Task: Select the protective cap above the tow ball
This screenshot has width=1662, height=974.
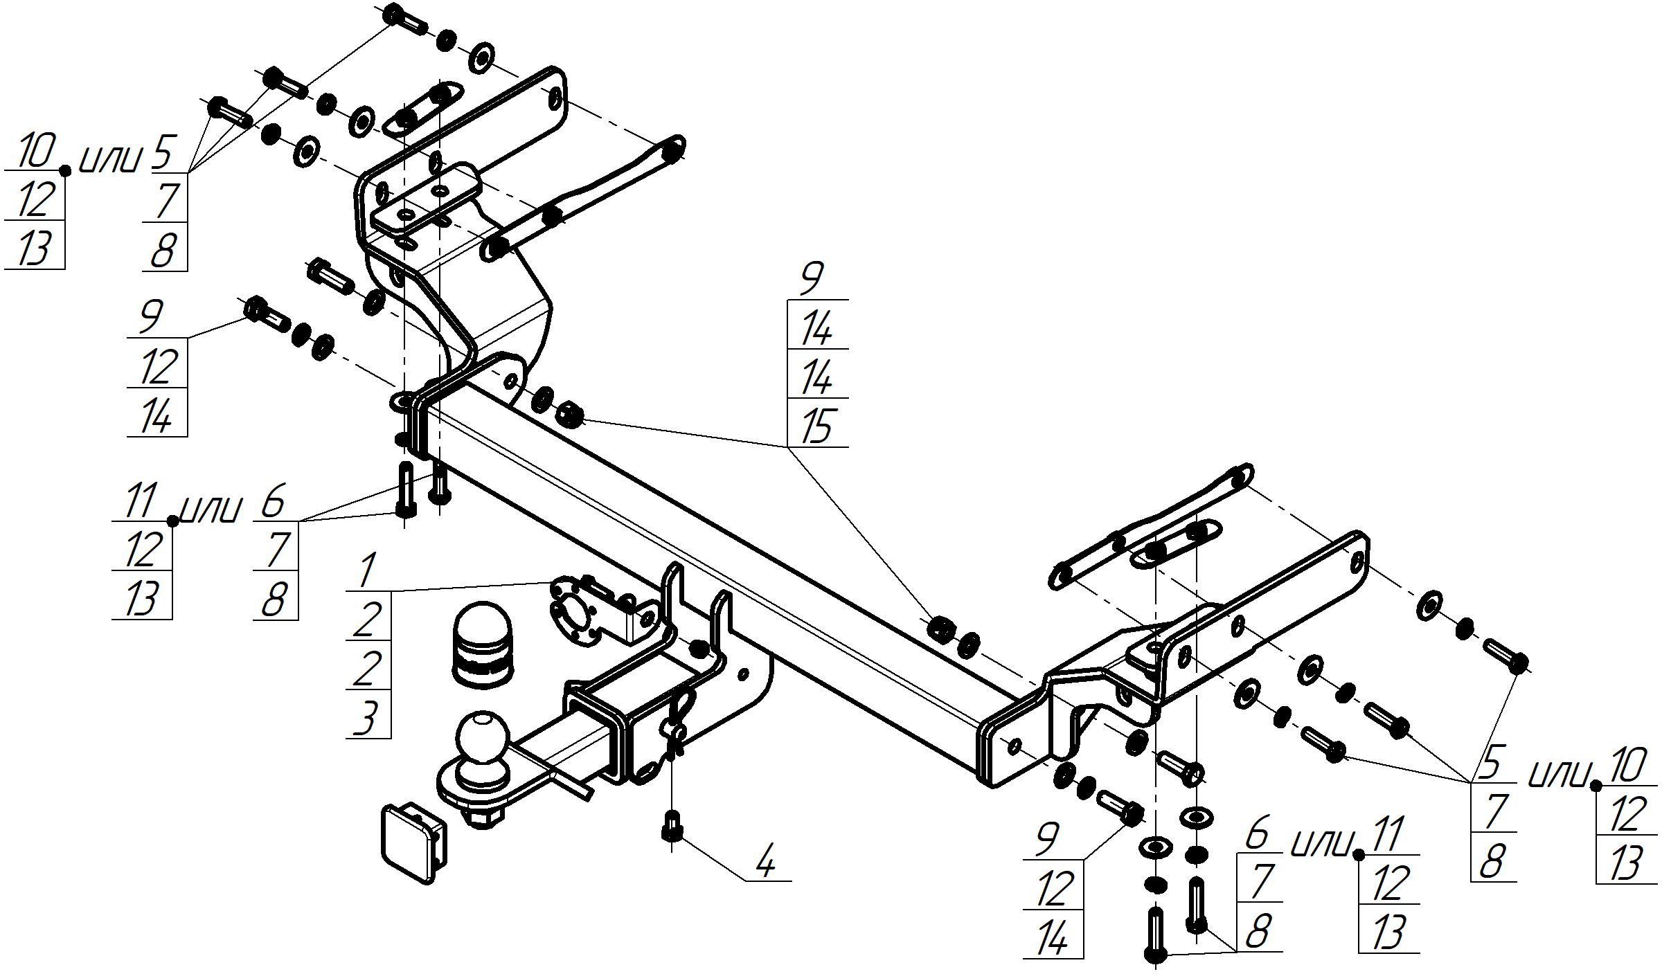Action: click(483, 644)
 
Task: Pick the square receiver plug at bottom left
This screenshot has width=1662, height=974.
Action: click(411, 842)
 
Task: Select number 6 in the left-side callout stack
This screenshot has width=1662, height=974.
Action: click(273, 501)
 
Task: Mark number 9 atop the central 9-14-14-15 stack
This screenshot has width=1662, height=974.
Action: click(812, 280)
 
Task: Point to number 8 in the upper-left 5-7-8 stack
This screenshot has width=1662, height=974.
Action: click(163, 249)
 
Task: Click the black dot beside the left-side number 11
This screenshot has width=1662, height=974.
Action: click(173, 521)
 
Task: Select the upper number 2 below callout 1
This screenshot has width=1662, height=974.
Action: click(367, 620)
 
